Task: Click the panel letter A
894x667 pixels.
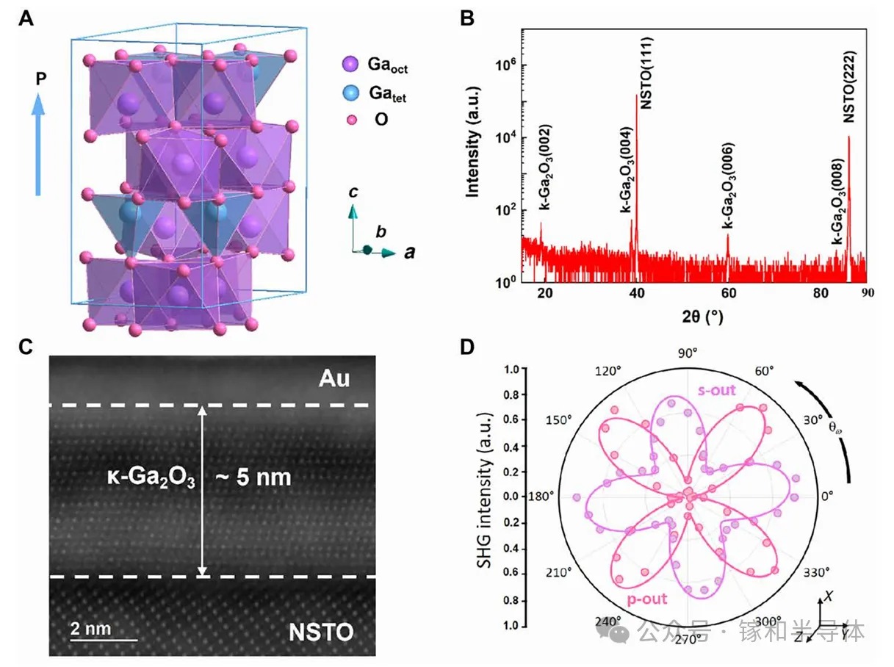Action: (26, 18)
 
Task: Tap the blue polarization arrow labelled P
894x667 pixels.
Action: (38, 145)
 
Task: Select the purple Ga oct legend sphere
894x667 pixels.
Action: (350, 64)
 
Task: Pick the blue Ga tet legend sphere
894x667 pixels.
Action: (351, 93)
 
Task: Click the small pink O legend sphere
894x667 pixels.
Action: (351, 120)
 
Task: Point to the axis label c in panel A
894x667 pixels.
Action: (353, 192)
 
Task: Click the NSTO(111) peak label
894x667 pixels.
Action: (646, 73)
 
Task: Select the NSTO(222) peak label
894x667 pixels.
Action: (848, 93)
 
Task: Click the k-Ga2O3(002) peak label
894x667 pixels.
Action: (544, 167)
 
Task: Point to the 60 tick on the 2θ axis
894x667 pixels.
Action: (728, 293)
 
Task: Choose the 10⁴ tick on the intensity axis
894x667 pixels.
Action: (505, 137)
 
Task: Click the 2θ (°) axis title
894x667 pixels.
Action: (702, 317)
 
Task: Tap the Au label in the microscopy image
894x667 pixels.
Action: (334, 378)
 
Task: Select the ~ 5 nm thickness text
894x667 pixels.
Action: (253, 477)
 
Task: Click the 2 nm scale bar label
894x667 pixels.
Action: (90, 628)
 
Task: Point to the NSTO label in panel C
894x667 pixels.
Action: (321, 632)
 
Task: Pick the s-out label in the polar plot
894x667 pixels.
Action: (717, 390)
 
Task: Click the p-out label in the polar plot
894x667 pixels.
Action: (646, 599)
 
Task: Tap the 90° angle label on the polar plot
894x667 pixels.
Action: (688, 353)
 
